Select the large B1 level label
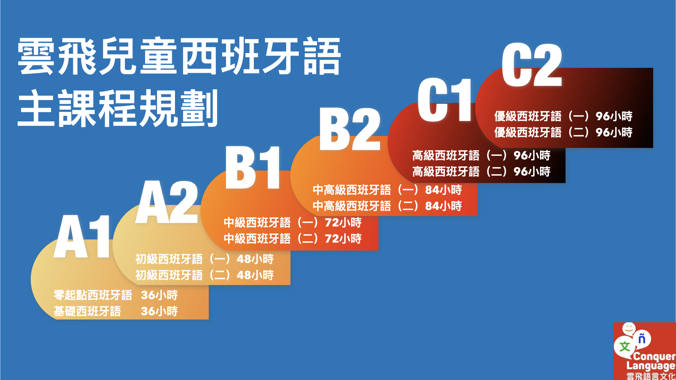pyautogui.click(x=253, y=167)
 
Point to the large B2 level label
pyautogui.click(x=350, y=129)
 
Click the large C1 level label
pyautogui.click(x=444, y=100)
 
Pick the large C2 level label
pyautogui.click(x=532, y=65)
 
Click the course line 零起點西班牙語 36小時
pyautogui.click(x=115, y=295)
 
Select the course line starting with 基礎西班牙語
pyautogui.click(x=115, y=311)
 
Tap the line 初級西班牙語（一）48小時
pyautogui.click(x=205, y=259)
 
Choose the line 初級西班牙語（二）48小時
pyautogui.click(x=205, y=275)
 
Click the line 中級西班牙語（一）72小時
pyautogui.click(x=293, y=222)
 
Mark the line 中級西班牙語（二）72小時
pyautogui.click(x=293, y=239)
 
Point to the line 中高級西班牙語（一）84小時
pyautogui.click(x=387, y=190)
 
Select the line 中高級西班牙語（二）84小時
pyautogui.click(x=387, y=206)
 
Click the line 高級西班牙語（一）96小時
pyautogui.click(x=481, y=155)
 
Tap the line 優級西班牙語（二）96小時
pyautogui.click(x=563, y=132)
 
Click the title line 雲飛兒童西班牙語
pyautogui.click(x=179, y=56)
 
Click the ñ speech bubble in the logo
pyautogui.click(x=642, y=338)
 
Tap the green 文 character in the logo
pyautogui.click(x=625, y=347)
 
